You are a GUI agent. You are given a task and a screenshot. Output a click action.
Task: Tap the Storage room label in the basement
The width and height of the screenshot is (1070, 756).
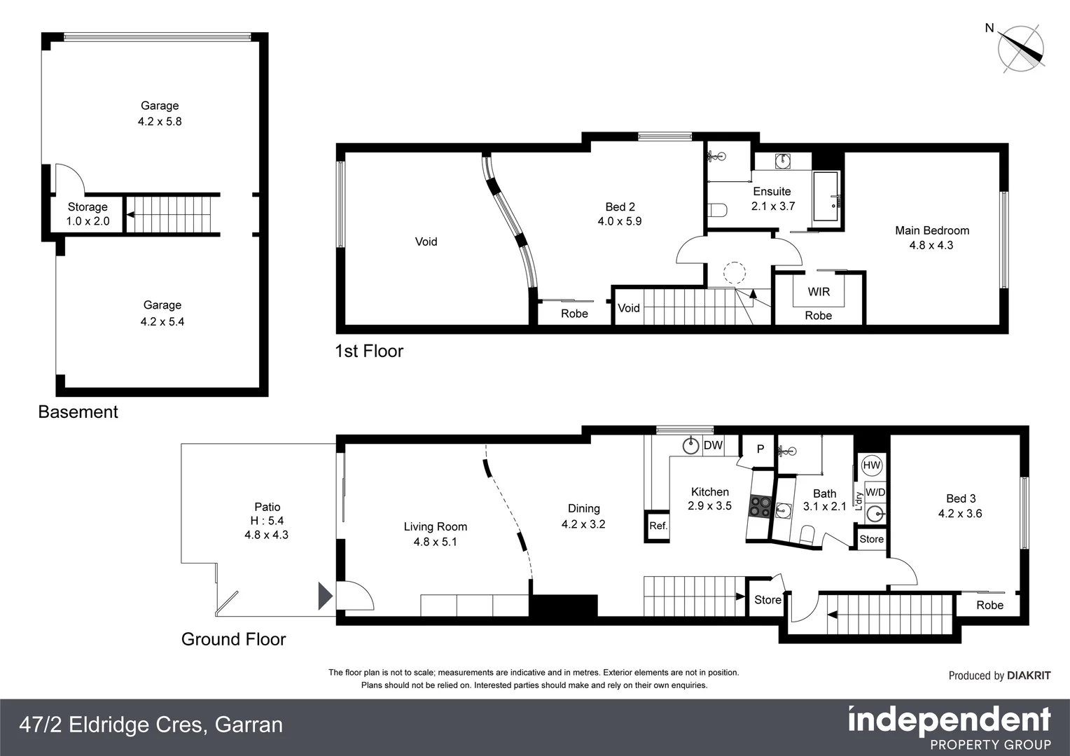88,207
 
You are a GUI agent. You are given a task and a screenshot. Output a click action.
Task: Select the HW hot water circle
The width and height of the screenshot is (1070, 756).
872,465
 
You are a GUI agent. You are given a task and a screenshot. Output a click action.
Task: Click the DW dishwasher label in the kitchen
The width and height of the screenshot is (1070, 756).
713,445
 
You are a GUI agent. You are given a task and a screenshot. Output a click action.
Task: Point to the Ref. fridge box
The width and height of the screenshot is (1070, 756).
658,526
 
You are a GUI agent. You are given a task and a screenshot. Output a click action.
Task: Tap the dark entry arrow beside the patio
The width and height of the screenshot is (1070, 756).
325,596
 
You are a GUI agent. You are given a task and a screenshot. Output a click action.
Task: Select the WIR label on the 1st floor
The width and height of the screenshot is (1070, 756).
819,292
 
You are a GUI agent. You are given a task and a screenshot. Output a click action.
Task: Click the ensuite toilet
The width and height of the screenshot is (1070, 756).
716,209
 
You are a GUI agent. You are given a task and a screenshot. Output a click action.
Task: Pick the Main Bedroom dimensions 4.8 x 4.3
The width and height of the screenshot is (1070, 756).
931,246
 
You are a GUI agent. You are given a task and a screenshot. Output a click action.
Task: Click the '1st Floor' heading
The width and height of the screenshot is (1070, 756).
369,351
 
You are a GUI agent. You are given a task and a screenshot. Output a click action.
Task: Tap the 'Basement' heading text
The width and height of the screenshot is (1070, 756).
78,412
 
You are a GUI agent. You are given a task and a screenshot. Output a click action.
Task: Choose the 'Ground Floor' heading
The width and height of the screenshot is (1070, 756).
233,640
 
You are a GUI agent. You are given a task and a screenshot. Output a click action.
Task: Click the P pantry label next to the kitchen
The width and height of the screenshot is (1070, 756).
760,449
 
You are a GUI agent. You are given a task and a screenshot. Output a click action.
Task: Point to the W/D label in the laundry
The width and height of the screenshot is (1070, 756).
875,492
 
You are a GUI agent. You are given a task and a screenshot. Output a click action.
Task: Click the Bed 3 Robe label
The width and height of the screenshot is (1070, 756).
989,605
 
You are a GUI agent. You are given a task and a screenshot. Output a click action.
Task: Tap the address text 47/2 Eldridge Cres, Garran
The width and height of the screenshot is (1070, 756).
151,724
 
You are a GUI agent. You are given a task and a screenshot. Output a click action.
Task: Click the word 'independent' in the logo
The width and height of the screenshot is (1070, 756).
949,720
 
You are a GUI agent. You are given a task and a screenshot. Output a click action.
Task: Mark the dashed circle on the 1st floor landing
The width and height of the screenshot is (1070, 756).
735,272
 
